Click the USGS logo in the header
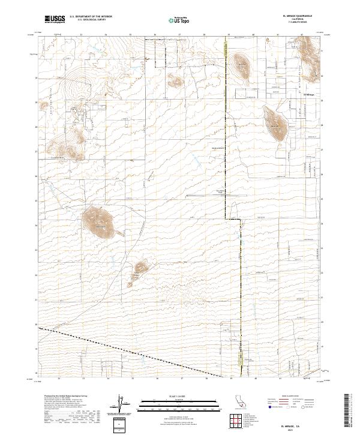click(55, 19)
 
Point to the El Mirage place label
click(309, 94)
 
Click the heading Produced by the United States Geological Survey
click(63, 397)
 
